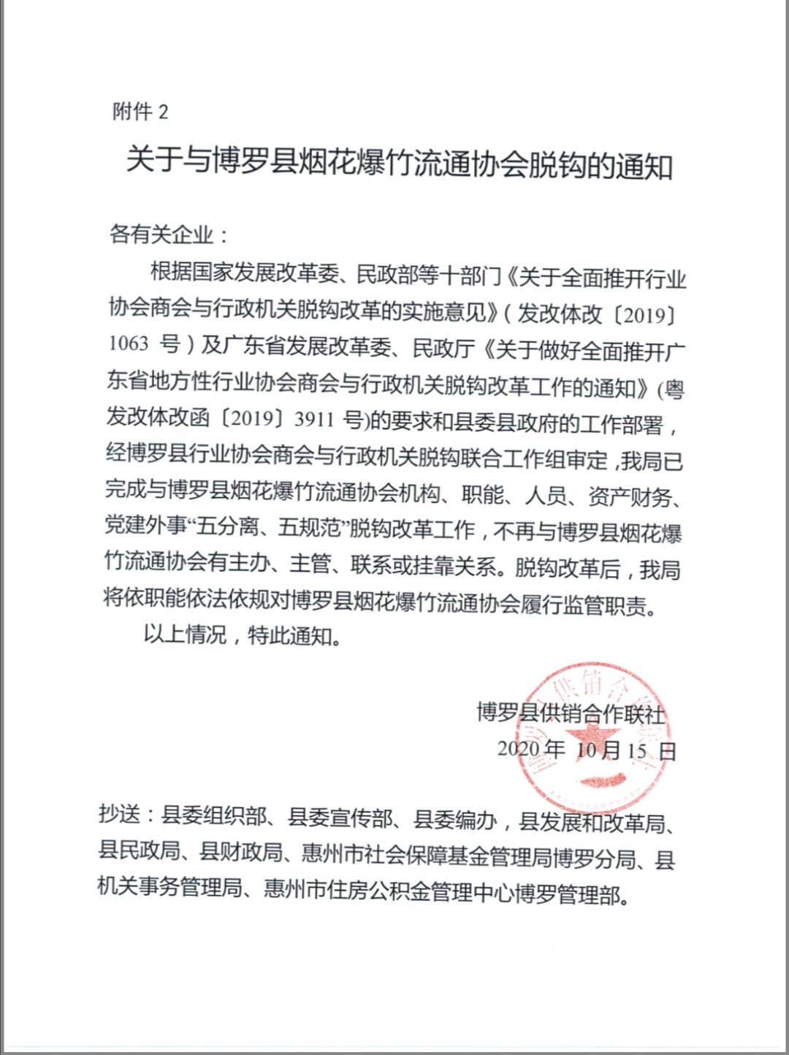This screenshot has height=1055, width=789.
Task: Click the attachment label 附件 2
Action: pos(140,112)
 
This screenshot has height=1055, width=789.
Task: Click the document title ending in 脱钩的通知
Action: pos(399,163)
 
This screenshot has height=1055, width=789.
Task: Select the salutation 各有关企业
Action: pos(162,235)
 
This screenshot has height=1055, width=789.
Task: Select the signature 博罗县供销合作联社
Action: pos(571,712)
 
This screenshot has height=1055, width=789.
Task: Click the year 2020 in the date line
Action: pos(518,748)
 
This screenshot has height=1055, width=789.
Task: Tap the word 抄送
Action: pos(119,815)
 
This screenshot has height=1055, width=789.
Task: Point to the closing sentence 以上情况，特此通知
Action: pos(242,634)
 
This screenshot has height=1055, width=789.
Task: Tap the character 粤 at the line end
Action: pos(674,389)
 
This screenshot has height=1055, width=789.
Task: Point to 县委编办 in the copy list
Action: pos(456,820)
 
